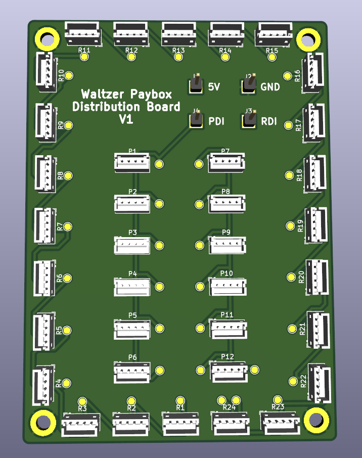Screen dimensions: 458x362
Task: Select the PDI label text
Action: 216,121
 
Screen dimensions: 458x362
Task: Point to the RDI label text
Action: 269,121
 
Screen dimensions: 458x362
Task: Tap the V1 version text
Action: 125,119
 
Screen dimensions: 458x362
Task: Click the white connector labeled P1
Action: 131,162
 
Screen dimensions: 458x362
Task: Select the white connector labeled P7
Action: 226,162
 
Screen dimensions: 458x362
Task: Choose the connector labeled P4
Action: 132,287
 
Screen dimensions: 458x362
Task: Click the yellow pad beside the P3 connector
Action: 160,246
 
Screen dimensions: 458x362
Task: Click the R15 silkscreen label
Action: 271,51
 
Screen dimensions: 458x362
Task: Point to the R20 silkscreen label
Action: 302,277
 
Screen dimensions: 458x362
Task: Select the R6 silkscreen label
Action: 60,278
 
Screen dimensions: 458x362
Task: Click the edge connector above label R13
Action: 178,33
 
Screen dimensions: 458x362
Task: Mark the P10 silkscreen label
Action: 227,273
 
